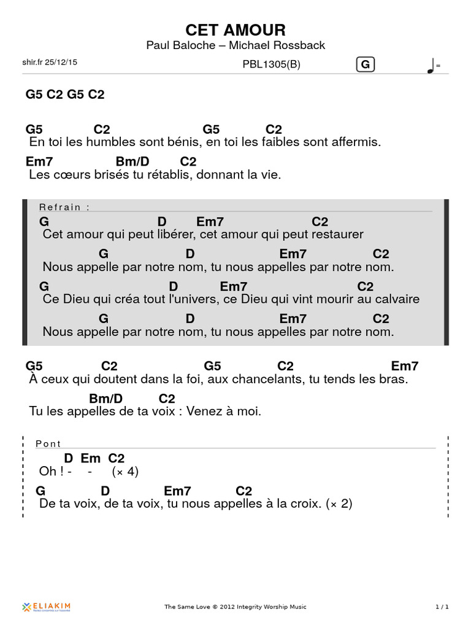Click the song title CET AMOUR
(x=235, y=30)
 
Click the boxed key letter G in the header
(x=366, y=64)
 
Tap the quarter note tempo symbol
(x=431, y=66)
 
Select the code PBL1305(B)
(x=271, y=64)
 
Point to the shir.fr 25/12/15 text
(x=50, y=62)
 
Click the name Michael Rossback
(x=277, y=45)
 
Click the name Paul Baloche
(x=181, y=45)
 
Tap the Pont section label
(x=48, y=444)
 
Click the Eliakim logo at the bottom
(x=47, y=607)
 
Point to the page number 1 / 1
(x=442, y=607)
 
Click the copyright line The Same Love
(x=235, y=607)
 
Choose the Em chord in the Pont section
(x=90, y=458)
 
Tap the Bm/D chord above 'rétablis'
(x=132, y=161)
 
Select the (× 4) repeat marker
(x=125, y=472)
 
